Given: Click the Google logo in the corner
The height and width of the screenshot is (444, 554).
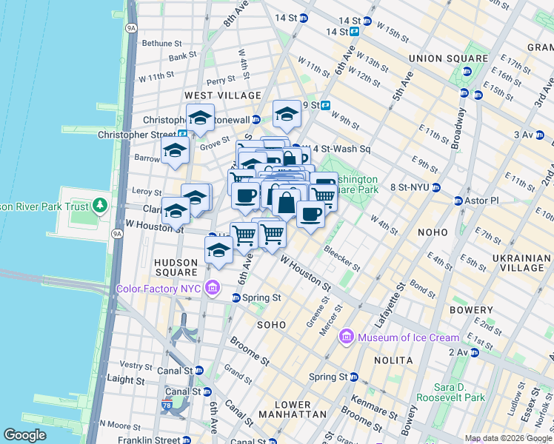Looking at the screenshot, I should [x=24, y=435].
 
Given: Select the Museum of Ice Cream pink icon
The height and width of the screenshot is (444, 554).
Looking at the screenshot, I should [x=346, y=337].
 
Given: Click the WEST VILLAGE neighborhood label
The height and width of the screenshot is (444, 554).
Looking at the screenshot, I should [x=223, y=95].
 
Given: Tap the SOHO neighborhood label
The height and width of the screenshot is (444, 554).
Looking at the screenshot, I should [x=271, y=325].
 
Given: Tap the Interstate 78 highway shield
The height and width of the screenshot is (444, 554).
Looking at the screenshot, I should [x=167, y=406].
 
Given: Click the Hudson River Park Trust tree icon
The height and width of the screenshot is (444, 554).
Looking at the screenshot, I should [x=99, y=206].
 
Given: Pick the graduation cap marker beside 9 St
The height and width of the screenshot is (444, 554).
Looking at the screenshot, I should [x=287, y=115].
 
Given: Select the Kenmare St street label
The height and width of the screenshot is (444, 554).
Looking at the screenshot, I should [x=376, y=402].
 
